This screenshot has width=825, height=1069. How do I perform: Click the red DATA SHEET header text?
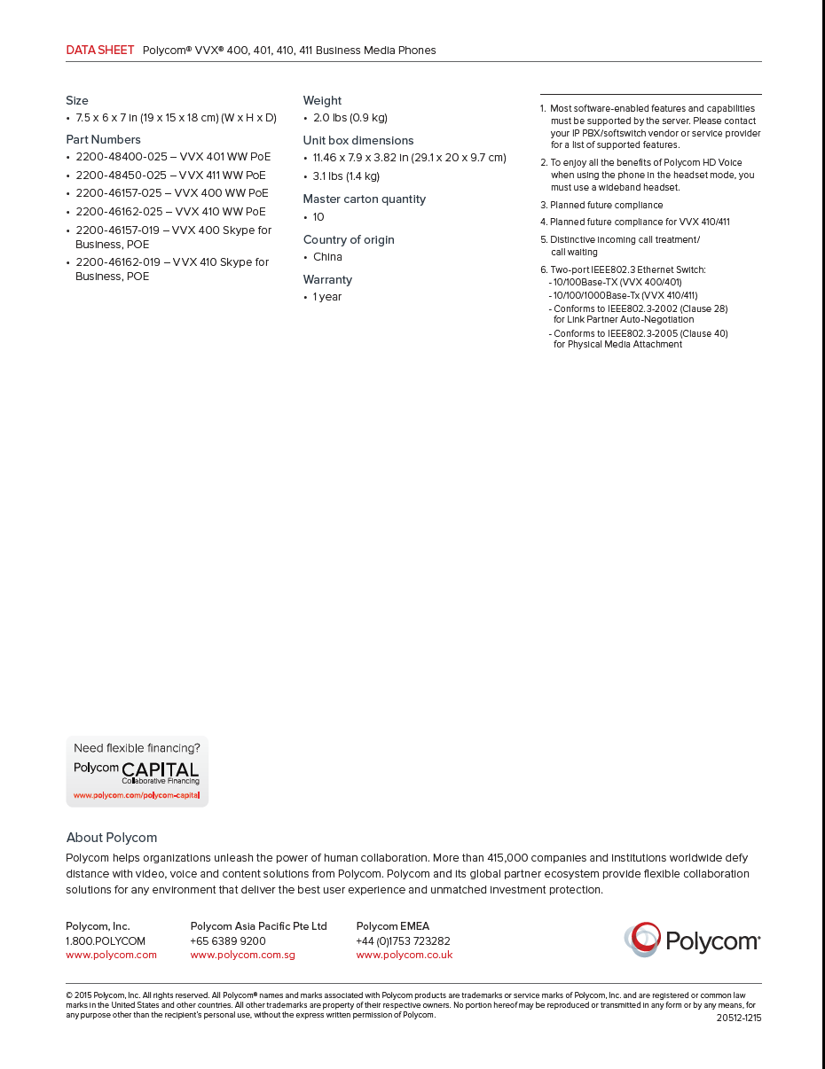(100, 51)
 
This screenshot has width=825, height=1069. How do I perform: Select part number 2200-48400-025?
(122, 157)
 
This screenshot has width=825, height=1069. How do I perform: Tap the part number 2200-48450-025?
(122, 176)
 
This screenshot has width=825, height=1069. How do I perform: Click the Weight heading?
(322, 101)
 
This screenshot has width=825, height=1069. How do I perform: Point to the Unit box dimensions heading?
(358, 141)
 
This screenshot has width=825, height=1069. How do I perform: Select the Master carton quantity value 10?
(318, 217)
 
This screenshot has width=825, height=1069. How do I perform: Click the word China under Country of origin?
(327, 257)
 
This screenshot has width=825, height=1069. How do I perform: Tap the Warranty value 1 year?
(327, 297)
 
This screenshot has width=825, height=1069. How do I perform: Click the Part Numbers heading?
(103, 140)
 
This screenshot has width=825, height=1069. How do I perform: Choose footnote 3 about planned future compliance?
(606, 205)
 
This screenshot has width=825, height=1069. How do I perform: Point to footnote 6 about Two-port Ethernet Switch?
(627, 269)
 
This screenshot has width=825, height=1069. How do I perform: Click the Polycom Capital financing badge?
(137, 770)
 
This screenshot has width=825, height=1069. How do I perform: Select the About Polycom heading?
(112, 838)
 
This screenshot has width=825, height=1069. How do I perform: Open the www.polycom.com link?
(111, 955)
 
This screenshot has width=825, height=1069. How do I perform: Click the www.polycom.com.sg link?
(242, 955)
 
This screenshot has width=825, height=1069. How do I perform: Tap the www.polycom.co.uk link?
(405, 955)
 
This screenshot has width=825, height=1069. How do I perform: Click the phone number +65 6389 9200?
(228, 941)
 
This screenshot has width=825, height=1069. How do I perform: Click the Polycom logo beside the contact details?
(692, 940)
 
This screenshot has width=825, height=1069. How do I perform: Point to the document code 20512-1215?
(739, 1018)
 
